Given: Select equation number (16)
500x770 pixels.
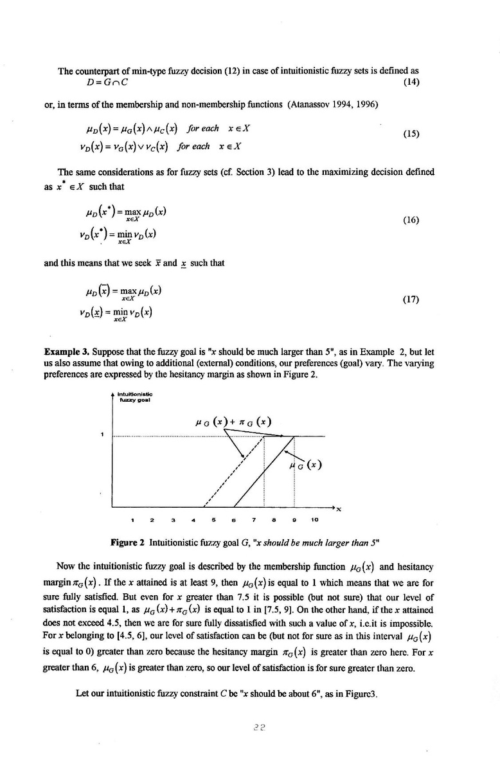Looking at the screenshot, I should [411, 220].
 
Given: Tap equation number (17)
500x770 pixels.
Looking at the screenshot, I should [411, 299].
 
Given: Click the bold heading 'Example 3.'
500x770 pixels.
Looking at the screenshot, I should [67, 353].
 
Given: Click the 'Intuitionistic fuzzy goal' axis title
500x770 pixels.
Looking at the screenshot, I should [135, 396].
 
